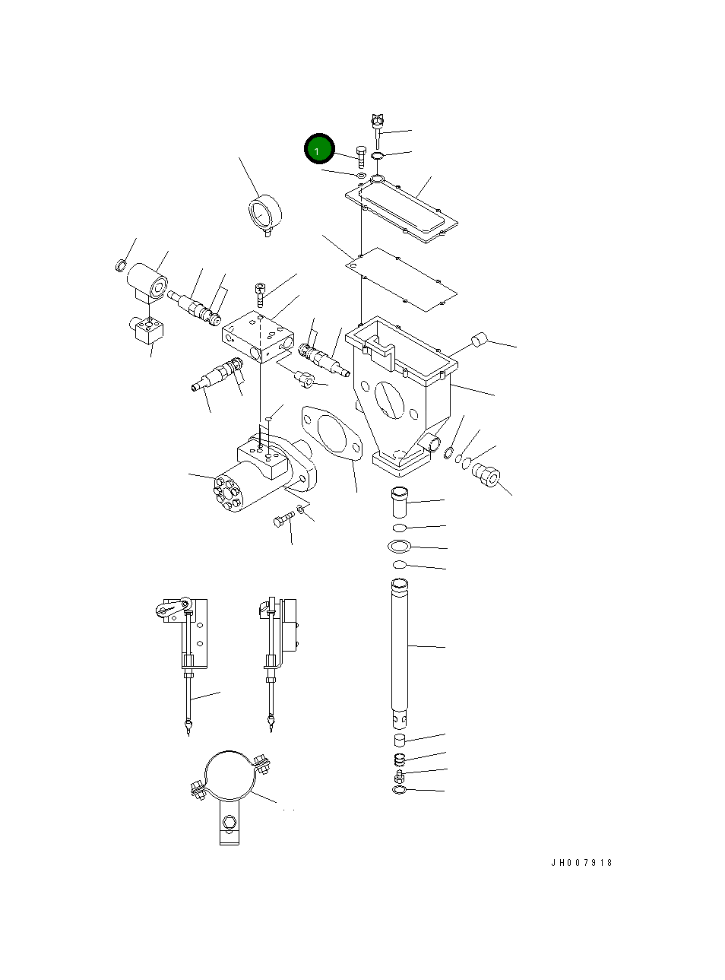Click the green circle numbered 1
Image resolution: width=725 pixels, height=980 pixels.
click(x=319, y=149)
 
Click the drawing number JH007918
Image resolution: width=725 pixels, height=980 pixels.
click(x=581, y=863)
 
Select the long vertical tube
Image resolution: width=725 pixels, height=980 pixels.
click(x=400, y=646)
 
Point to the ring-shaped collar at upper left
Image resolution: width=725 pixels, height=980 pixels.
click(x=264, y=211)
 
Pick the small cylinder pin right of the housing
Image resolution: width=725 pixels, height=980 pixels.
click(x=479, y=340)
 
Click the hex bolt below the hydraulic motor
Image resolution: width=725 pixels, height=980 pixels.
click(x=283, y=520)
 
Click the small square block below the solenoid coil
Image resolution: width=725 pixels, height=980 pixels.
click(x=147, y=330)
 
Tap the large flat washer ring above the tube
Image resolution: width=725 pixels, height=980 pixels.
click(x=400, y=546)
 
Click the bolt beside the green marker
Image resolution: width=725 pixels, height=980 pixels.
click(x=361, y=157)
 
